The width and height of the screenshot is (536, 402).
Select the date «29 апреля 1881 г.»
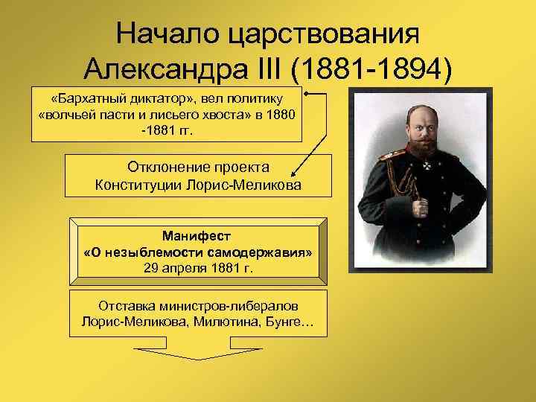[x=198, y=268]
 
